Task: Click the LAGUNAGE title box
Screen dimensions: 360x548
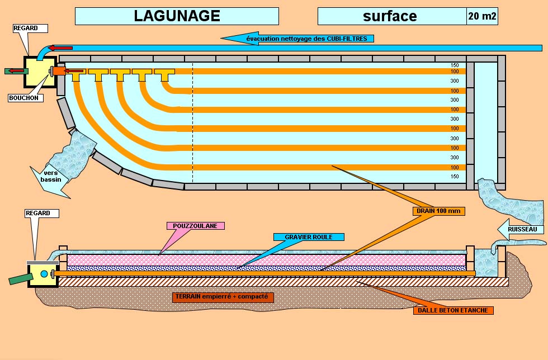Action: (x=177, y=16)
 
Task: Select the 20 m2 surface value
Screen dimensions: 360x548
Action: (x=481, y=16)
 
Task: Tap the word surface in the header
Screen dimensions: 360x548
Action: (x=390, y=16)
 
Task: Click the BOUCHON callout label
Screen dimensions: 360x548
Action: (x=24, y=98)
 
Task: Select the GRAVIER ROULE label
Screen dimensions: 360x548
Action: (x=308, y=237)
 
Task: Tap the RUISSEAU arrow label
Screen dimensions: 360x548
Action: (x=521, y=229)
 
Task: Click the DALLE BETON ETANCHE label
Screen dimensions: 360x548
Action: (x=453, y=310)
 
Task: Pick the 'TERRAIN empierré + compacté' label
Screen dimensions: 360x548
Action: (x=223, y=297)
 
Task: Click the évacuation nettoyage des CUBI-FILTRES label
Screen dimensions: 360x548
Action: (x=306, y=38)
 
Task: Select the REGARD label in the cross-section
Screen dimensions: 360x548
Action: (x=37, y=213)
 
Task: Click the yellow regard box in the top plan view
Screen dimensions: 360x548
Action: (x=39, y=71)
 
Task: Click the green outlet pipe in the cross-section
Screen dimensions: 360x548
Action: (x=18, y=278)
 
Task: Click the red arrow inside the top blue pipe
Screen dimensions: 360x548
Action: (x=60, y=48)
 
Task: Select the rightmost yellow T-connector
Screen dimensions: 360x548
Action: (x=164, y=73)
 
